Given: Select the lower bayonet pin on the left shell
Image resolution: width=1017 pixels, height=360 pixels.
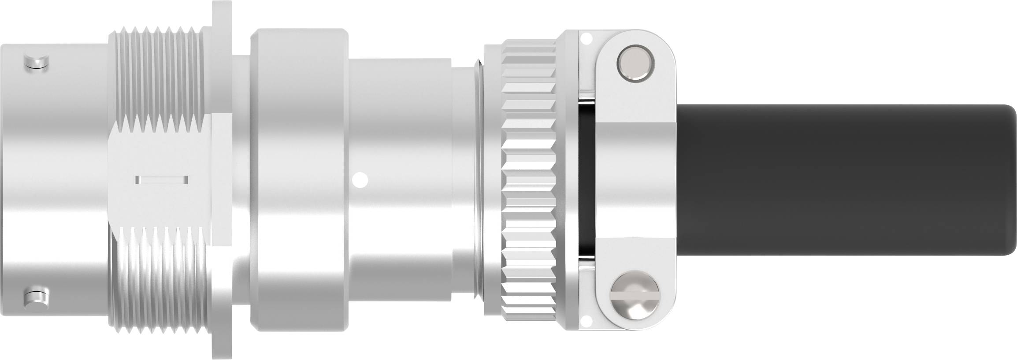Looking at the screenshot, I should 36,298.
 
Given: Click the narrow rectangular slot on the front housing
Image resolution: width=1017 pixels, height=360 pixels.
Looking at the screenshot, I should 162,179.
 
